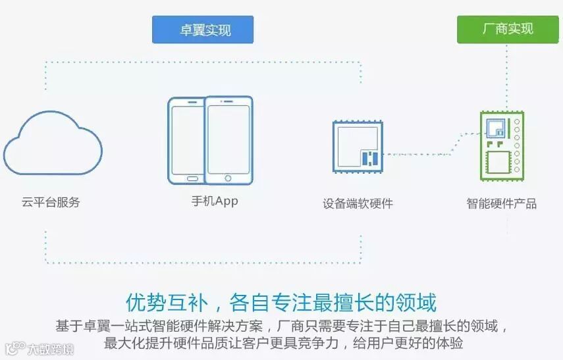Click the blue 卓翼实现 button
(203, 30)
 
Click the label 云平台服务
(51, 202)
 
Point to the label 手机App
(210, 201)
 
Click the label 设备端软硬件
(358, 203)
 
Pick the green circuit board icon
(501, 147)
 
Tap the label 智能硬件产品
(501, 203)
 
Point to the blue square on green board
(495, 128)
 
